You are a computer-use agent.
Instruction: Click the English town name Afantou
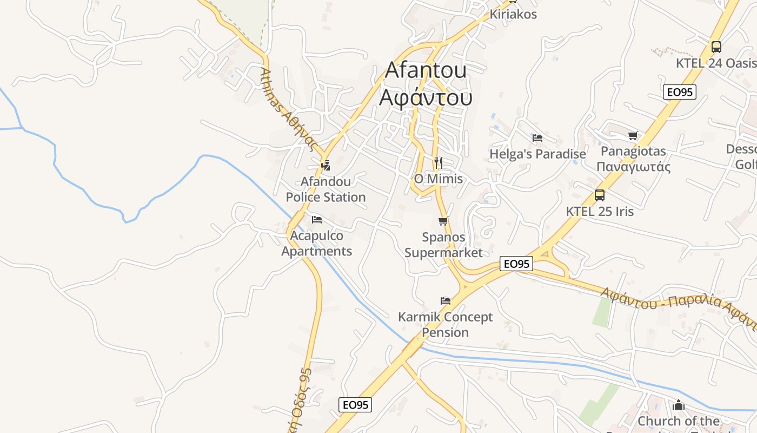pyautogui.click(x=426, y=70)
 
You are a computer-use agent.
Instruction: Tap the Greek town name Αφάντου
pyautogui.click(x=426, y=97)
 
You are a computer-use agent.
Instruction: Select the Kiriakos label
pyautogui.click(x=513, y=15)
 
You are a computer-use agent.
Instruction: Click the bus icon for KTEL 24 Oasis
pyautogui.click(x=716, y=47)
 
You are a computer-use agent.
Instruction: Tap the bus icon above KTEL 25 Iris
pyautogui.click(x=600, y=195)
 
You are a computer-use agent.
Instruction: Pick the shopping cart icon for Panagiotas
pyautogui.click(x=633, y=135)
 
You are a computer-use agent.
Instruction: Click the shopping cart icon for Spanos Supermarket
pyautogui.click(x=443, y=221)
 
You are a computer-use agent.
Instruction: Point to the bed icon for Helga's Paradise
pyautogui.click(x=537, y=138)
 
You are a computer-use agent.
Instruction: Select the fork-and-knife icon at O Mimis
pyautogui.click(x=439, y=162)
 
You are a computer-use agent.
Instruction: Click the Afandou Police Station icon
pyautogui.click(x=326, y=166)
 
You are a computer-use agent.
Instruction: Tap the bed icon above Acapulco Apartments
pyautogui.click(x=317, y=219)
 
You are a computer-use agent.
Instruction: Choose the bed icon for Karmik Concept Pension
pyautogui.click(x=446, y=300)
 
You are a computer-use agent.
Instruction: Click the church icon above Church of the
pyautogui.click(x=678, y=405)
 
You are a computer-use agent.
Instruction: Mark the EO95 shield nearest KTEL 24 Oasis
pyautogui.click(x=680, y=92)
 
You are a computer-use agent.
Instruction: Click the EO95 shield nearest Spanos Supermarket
pyautogui.click(x=516, y=264)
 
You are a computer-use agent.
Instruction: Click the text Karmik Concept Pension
pyautogui.click(x=446, y=324)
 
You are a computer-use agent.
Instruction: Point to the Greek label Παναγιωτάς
pyautogui.click(x=634, y=167)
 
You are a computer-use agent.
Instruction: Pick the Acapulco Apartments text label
pyautogui.click(x=317, y=244)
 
